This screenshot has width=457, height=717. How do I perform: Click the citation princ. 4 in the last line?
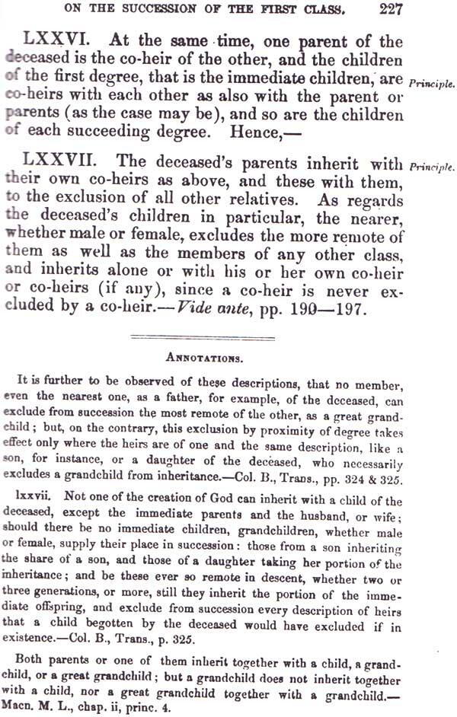pos(156,708)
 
